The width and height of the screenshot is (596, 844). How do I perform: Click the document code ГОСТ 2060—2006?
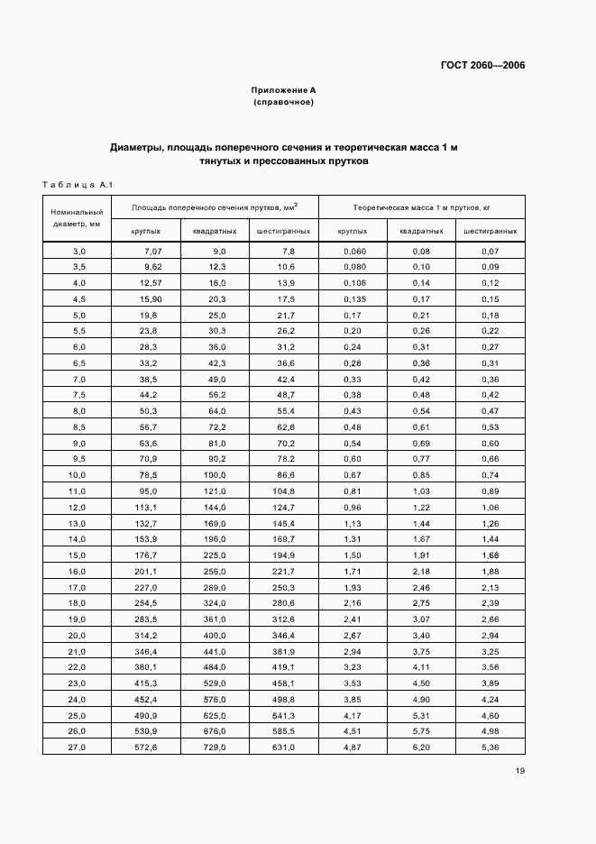[482, 65]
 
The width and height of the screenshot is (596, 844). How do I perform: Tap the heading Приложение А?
[283, 90]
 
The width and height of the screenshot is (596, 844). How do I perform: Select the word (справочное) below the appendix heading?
[283, 102]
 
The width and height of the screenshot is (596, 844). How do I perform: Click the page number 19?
[520, 770]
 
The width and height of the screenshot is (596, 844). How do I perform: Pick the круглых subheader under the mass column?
[353, 231]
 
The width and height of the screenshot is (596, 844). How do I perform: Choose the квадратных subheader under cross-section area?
[215, 231]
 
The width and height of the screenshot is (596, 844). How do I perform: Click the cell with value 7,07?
[151, 251]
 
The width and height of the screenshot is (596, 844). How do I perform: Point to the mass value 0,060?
[355, 251]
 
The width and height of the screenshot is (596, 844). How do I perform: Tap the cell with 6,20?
[421, 748]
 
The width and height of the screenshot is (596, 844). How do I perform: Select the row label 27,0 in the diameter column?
[78, 748]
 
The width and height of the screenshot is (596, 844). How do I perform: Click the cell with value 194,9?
[282, 555]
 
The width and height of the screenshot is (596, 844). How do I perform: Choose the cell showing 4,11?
[421, 667]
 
